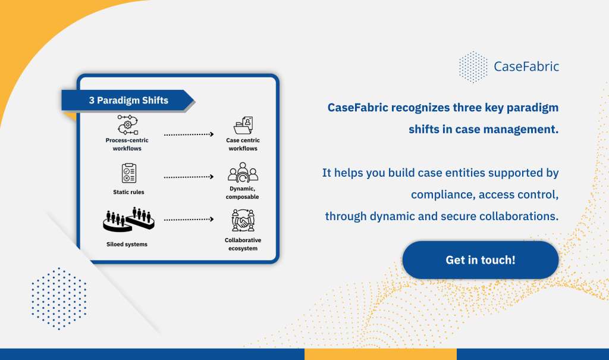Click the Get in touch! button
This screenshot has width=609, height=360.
click(x=481, y=259)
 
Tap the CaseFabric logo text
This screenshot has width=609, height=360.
click(x=526, y=67)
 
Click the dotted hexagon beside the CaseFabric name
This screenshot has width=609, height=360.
click(x=473, y=67)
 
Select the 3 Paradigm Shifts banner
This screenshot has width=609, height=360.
click(x=128, y=101)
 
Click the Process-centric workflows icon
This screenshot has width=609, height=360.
click(x=127, y=124)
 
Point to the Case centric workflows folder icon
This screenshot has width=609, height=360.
click(x=243, y=125)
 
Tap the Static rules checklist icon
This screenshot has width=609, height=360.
click(x=128, y=173)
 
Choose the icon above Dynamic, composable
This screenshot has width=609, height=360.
click(x=243, y=172)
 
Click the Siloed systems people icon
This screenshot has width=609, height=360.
click(x=128, y=220)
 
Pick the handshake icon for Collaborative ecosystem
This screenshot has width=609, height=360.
click(x=243, y=220)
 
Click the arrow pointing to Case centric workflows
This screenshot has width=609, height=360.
click(x=189, y=134)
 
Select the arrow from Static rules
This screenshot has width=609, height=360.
click(x=189, y=177)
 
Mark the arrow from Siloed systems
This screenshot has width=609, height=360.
click(x=189, y=219)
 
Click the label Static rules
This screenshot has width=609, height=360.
click(x=128, y=192)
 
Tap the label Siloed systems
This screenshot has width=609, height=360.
click(x=127, y=244)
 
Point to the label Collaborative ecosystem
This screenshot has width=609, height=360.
click(x=243, y=244)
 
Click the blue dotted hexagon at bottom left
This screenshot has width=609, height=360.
click(x=59, y=299)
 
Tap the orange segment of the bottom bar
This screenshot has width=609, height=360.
click(x=381, y=354)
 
